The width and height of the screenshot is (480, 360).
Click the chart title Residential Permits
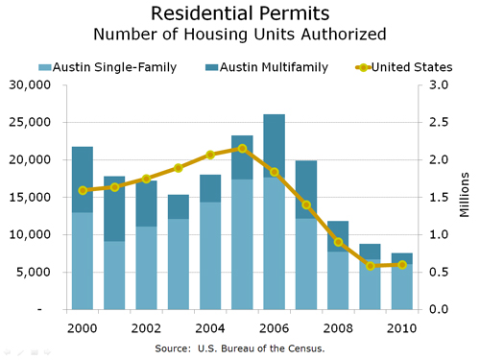pyautogui.click(x=239, y=13)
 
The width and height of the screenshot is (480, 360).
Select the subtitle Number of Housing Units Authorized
pyautogui.click(x=239, y=35)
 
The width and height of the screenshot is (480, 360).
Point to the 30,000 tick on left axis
pyautogui.click(x=32, y=84)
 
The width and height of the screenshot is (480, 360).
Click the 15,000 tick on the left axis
pyautogui.click(x=32, y=197)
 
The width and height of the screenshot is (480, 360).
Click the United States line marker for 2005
pyautogui.click(x=242, y=148)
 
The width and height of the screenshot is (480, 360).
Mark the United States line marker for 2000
pyautogui.click(x=83, y=190)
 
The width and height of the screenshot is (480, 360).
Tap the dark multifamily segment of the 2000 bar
pyautogui.click(x=83, y=179)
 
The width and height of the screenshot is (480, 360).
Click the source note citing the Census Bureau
pyautogui.click(x=239, y=348)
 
